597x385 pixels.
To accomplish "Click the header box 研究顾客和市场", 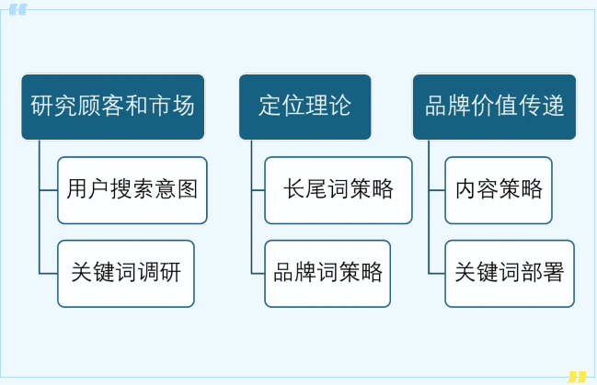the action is click(113, 107).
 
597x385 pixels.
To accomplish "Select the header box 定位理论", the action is click(305, 107).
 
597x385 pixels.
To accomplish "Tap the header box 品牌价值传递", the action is click(494, 107).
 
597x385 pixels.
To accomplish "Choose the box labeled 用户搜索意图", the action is click(132, 190).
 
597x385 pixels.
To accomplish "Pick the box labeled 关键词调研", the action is click(126, 274).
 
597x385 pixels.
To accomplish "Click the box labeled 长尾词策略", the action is click(339, 190).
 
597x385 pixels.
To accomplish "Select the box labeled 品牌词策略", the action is click(327, 274).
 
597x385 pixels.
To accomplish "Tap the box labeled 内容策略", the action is click(499, 190).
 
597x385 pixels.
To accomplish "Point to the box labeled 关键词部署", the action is click(510, 274).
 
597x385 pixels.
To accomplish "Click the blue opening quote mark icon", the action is click(17, 9).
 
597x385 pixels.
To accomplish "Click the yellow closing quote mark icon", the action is click(577, 377).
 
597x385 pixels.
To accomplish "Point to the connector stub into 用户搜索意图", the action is click(49, 190).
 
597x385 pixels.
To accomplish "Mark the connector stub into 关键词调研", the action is click(49, 274).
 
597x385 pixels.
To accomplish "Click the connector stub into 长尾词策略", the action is click(258, 190).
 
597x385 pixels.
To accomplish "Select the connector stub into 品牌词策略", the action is click(258, 274).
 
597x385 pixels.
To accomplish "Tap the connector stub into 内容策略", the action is click(437, 190).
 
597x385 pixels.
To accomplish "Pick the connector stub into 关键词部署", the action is click(437, 274).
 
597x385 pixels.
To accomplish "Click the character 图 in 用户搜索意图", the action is click(188, 189).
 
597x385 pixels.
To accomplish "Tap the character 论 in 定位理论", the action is click(340, 106).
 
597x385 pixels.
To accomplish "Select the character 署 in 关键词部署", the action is click(554, 272).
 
